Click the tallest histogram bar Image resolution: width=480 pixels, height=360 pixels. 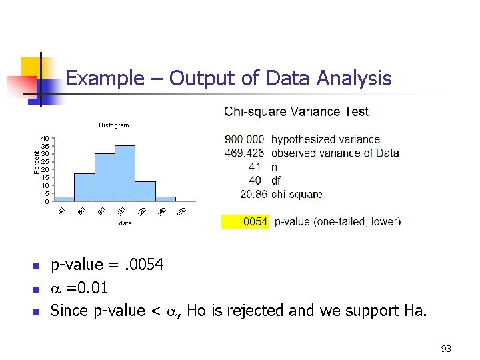pos(125,173)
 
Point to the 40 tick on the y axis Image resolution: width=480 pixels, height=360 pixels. pos(45,138)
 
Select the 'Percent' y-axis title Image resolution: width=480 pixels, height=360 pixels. pos(37,162)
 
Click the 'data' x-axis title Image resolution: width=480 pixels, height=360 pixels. pos(125,223)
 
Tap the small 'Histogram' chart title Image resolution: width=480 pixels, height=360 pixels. pos(113,125)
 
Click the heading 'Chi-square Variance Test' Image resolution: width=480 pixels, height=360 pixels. pos(296,111)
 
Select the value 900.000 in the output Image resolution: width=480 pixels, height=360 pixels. pos(245,139)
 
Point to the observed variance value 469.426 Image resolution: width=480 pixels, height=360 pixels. pos(245,153)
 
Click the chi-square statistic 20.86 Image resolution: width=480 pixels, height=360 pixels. pos(253,195)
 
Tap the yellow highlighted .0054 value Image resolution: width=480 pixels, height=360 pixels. pos(254,221)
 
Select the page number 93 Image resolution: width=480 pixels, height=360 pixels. pos(446,349)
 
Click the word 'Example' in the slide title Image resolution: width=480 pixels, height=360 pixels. pos(99,79)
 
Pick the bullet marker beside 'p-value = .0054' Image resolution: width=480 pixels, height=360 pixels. pos(37,267)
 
